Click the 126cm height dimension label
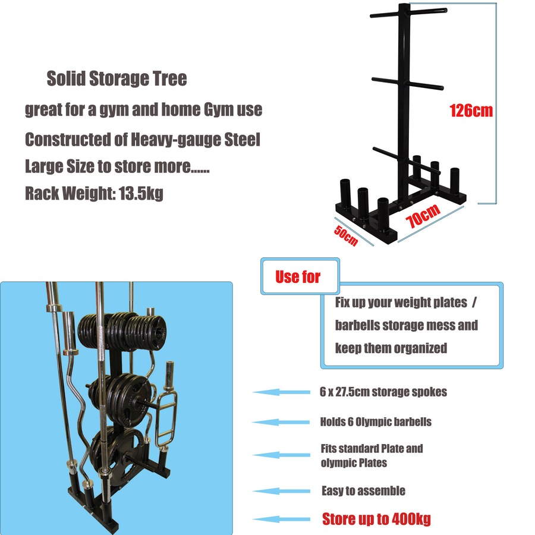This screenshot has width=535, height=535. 471,111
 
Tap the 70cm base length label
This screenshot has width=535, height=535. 423,216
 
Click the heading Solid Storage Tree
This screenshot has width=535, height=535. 117,78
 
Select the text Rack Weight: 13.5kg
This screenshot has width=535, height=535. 94,193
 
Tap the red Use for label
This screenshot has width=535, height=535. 298,276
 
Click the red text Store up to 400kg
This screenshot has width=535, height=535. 376,518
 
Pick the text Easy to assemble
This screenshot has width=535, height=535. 363,490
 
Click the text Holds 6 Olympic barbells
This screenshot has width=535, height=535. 376,421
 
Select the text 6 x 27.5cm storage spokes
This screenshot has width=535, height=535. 383,392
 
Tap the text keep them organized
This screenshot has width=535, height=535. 391,348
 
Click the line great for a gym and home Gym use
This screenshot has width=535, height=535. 143,110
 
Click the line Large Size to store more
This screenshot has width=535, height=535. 117,166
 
